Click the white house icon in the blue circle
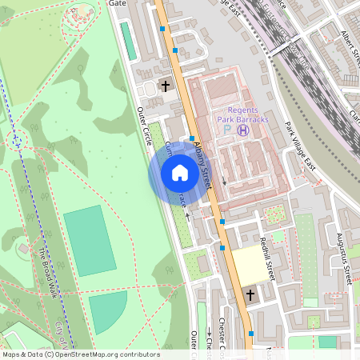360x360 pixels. [x=180, y=173]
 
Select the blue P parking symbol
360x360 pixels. [x=227, y=129]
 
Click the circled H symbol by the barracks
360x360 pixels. [x=243, y=129]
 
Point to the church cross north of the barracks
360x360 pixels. [x=166, y=86]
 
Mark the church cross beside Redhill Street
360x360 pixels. [x=250, y=296]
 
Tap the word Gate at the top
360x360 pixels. [x=118, y=3]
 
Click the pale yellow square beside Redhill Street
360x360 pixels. [x=252, y=264]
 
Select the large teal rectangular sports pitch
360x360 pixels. [x=90, y=241]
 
